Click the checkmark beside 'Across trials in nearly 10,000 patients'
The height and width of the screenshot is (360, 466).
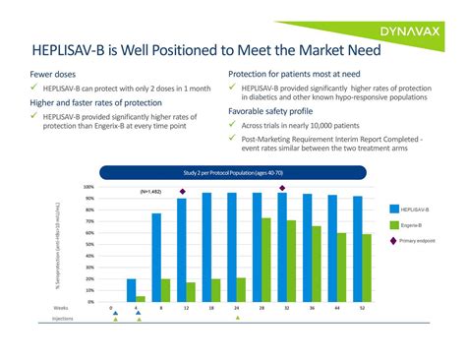[x=233, y=126]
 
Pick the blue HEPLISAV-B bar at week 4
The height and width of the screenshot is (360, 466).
[x=132, y=290]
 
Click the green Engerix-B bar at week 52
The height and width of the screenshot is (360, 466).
[x=367, y=268]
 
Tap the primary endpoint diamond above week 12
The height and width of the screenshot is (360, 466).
[x=182, y=191]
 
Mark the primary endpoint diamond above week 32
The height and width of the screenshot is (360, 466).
[x=283, y=188]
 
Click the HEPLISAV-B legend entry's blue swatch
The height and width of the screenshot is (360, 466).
[x=394, y=209]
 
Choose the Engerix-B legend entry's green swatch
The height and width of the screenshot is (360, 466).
[x=394, y=225]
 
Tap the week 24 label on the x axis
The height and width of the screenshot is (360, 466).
[x=236, y=309]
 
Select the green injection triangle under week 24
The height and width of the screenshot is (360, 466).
[x=236, y=318]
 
